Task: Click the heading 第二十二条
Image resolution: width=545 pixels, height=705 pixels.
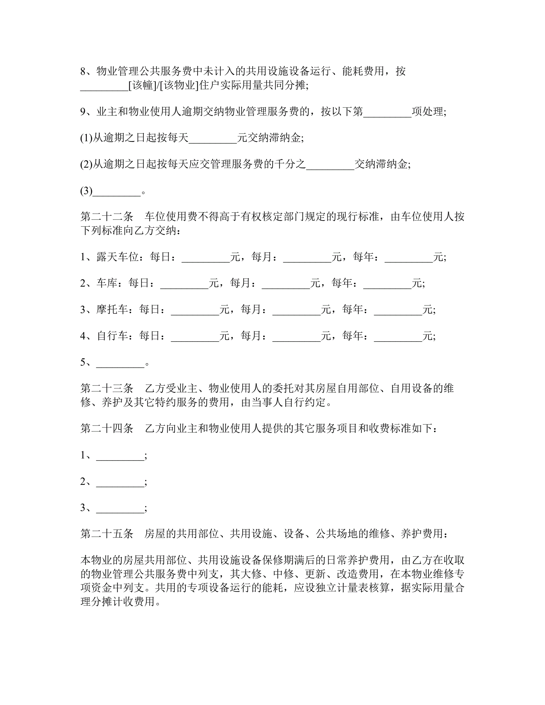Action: pos(107,216)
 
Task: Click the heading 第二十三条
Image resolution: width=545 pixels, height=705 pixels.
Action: pos(107,388)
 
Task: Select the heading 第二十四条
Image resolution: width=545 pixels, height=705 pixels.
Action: pos(107,428)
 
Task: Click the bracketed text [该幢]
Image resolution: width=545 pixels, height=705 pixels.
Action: pos(142,85)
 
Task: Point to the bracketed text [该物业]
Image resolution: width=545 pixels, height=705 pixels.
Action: pos(179,85)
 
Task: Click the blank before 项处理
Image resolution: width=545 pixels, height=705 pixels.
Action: pos(387,112)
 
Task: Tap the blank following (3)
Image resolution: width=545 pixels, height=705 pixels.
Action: pos(117,191)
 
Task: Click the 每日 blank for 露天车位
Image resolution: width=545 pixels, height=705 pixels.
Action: pos(206,258)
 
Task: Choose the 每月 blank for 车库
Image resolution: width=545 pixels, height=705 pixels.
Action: pos(286,284)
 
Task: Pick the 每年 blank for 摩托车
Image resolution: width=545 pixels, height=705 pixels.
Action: pos(398,310)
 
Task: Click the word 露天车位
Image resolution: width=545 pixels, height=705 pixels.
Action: pos(118,257)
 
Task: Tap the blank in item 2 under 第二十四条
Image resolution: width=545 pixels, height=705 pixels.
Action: pos(120,482)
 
